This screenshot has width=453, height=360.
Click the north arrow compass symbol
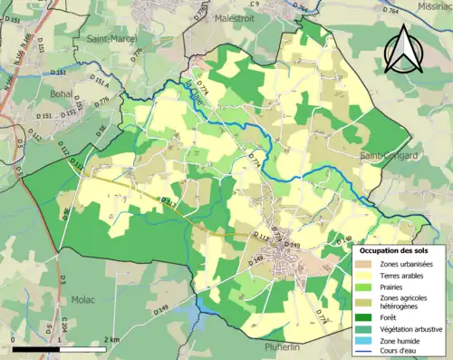tap(405, 49)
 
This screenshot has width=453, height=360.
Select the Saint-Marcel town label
tap(111, 39)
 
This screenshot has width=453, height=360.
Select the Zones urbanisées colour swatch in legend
tap(364, 263)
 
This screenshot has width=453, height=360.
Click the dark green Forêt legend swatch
tap(364, 317)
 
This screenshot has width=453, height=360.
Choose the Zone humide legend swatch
tap(364, 341)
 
